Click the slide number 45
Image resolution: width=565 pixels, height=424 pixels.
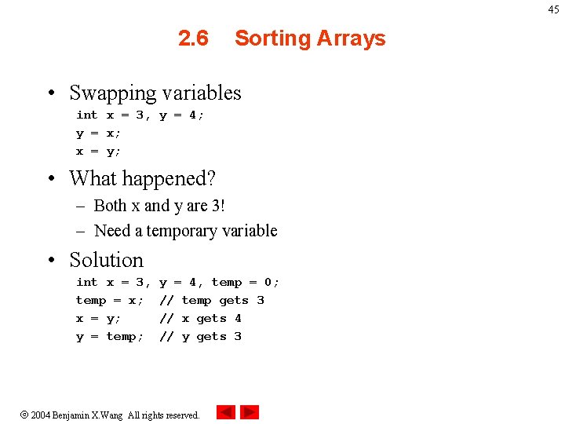(x=554, y=9)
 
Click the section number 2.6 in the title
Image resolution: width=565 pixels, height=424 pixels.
(x=193, y=38)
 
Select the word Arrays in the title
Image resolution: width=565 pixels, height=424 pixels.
(x=349, y=38)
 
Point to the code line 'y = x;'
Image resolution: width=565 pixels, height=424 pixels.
(x=98, y=133)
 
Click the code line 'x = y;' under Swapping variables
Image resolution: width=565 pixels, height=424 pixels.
(x=98, y=152)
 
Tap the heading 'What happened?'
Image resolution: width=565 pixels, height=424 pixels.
(x=142, y=178)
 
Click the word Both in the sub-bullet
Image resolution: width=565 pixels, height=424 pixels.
(x=110, y=206)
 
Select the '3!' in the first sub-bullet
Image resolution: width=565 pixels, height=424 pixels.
(x=217, y=206)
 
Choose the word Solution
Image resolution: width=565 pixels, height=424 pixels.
(x=107, y=260)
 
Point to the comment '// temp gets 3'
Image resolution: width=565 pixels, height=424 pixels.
(x=211, y=301)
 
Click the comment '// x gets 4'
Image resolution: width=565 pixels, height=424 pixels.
(x=200, y=319)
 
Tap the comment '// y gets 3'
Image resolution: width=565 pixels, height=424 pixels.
(x=200, y=337)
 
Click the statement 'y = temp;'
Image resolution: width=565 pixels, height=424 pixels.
(x=110, y=337)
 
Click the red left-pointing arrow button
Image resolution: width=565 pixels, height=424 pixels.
(x=225, y=412)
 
